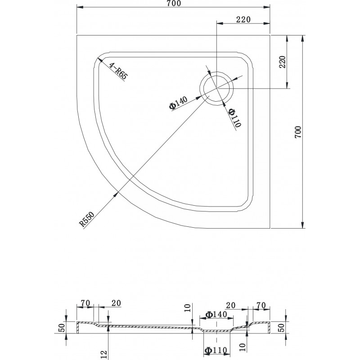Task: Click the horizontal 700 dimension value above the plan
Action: (174, 4)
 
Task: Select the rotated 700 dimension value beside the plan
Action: (298, 132)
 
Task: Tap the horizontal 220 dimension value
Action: (243, 20)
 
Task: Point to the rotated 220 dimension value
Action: (282, 62)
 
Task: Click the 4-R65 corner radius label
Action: (118, 71)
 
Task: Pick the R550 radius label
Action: (87, 219)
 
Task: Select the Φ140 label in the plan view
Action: (178, 103)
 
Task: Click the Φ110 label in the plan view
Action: (235, 118)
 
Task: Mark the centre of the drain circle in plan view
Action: (216, 88)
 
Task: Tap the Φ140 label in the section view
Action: (216, 314)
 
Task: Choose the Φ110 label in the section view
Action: (216, 351)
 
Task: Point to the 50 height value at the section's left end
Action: (63, 328)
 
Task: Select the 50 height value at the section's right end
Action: (282, 328)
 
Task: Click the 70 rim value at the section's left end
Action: (85, 303)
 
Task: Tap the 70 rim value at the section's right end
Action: (261, 306)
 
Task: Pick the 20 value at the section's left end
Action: (116, 303)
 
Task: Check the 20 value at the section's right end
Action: (231, 306)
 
